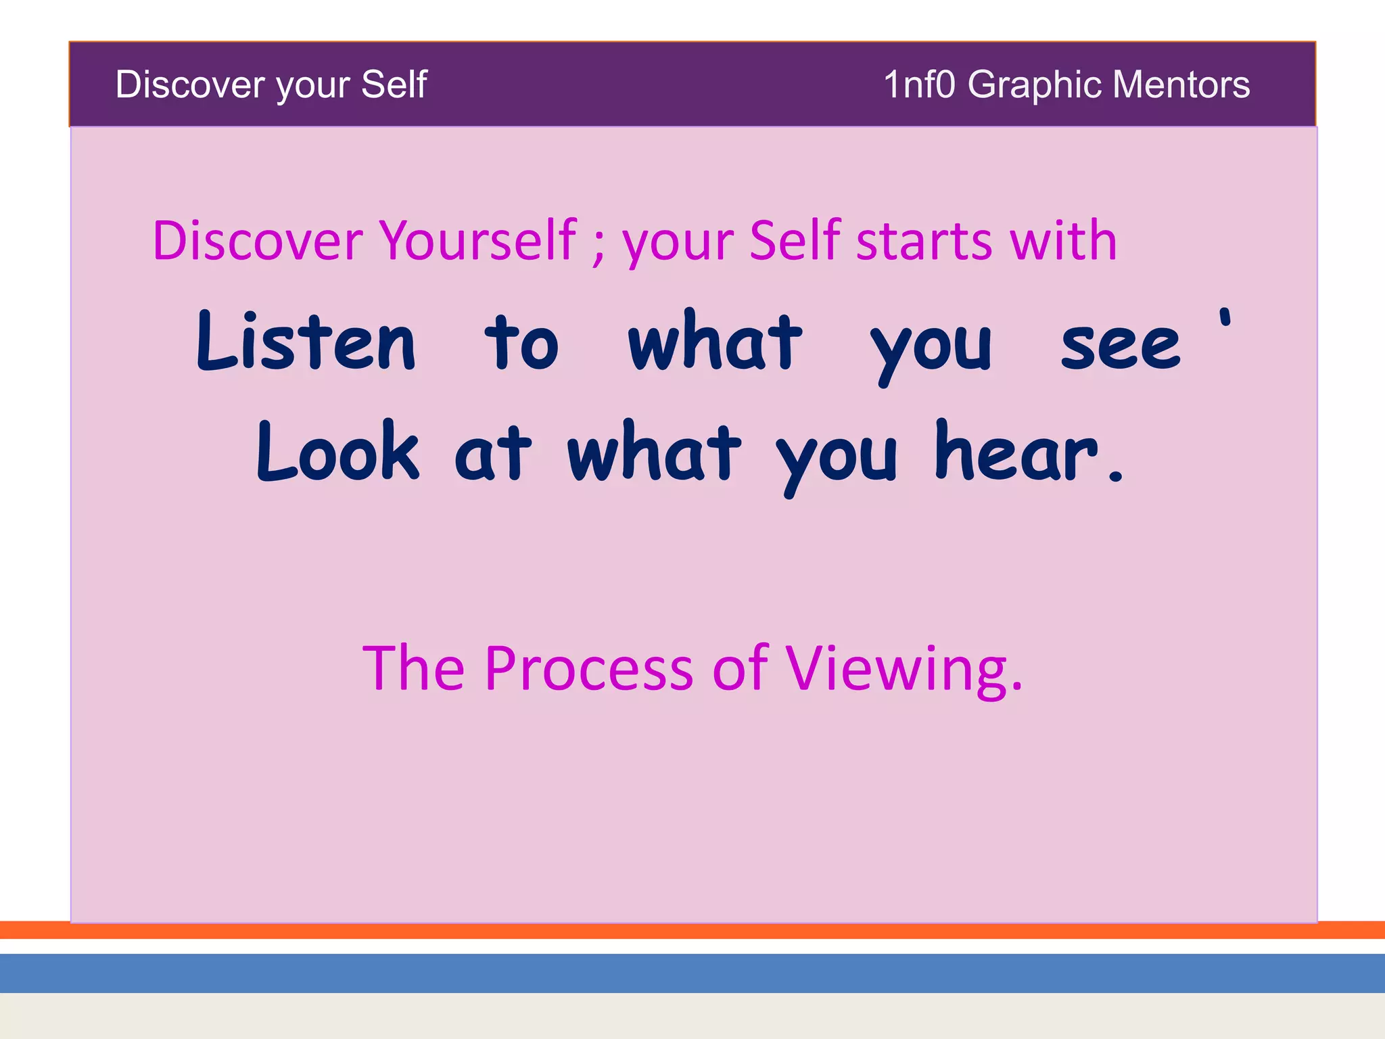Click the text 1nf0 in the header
pyautogui.click(x=919, y=85)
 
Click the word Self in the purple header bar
pyautogui.click(x=394, y=85)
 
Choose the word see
pyautogui.click(x=1120, y=346)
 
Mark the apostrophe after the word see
pyautogui.click(x=1225, y=319)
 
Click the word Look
pyautogui.click(x=337, y=451)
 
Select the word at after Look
pyautogui.click(x=492, y=455)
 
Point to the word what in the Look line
pyautogui.click(x=654, y=451)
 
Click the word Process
pyautogui.click(x=589, y=669)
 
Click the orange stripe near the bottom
pyautogui.click(x=692, y=931)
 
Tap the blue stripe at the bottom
pyautogui.click(x=692, y=973)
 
